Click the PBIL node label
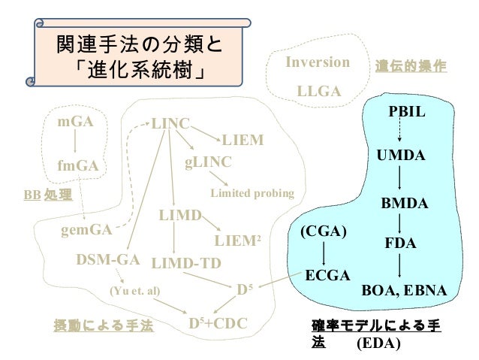pyautogui.click(x=406, y=112)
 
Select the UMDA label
pyautogui.click(x=400, y=156)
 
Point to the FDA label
pyautogui.click(x=400, y=244)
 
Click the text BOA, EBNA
pyautogui.click(x=404, y=290)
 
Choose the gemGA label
pyautogui.click(x=86, y=228)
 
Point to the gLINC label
pyautogui.click(x=208, y=162)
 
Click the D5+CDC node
pyautogui.click(x=217, y=324)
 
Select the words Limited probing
pyautogui.click(x=251, y=194)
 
